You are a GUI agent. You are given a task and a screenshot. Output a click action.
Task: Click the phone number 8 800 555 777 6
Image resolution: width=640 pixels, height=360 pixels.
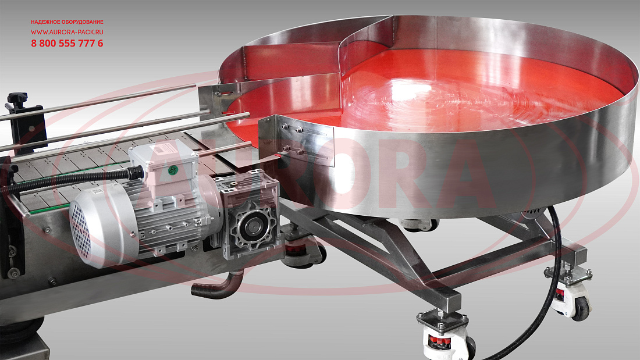click(67, 43)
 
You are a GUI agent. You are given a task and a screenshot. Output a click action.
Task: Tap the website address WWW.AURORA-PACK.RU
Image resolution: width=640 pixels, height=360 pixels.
click(67, 32)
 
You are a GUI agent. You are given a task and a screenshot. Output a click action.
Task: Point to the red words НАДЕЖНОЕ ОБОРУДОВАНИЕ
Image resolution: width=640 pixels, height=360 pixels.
click(67, 22)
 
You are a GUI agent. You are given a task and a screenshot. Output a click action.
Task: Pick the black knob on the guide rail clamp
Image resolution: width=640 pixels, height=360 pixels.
click(17, 98)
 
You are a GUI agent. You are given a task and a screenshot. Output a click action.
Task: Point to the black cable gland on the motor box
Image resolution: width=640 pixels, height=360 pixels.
click(135, 173)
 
